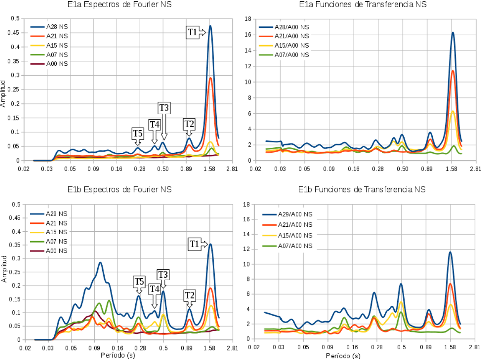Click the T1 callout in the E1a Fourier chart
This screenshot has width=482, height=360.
[193, 33]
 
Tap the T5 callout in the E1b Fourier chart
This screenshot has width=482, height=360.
[139, 282]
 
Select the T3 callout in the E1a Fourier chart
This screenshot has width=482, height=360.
[164, 108]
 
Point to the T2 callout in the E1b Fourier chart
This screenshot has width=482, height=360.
[189, 295]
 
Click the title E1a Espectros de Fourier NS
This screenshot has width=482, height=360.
[120, 5]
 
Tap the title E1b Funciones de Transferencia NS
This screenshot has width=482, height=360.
[362, 190]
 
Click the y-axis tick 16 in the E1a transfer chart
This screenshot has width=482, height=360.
[249, 35]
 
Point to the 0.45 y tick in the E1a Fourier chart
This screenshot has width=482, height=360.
[15, 33]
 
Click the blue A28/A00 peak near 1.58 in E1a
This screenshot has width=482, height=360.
[453, 33]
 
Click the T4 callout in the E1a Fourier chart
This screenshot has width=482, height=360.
[154, 124]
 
